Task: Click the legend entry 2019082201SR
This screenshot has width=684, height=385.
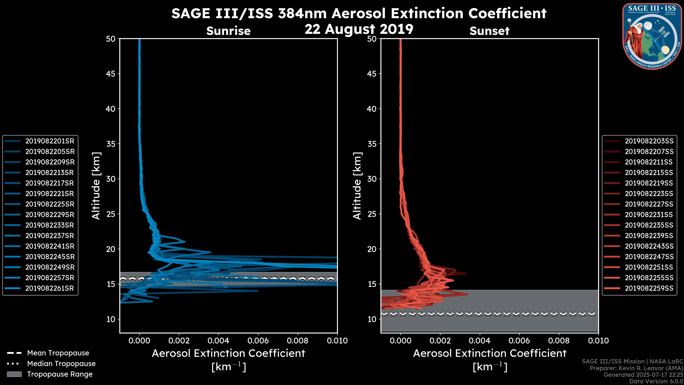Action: pos(50,141)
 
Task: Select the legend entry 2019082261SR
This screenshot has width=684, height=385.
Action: pos(50,288)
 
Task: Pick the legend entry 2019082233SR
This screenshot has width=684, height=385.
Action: pos(50,225)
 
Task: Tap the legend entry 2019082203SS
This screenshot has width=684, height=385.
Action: pos(649,141)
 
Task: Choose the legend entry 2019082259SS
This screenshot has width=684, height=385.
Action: pos(649,288)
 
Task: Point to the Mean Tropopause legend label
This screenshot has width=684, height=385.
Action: pos(58,353)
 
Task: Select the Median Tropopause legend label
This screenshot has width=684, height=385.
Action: pos(61,364)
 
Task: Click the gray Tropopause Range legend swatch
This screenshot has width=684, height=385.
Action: pos(14,374)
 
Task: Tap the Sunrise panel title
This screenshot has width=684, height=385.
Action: pos(228,31)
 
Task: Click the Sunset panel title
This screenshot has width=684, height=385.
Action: pos(489,31)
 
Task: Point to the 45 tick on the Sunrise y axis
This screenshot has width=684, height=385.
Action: pos(111,74)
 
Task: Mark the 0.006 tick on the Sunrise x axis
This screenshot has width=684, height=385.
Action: pos(258,341)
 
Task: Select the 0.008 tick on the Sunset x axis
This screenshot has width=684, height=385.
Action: pos(559,341)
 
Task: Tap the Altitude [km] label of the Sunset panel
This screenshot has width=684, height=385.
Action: pos(357,186)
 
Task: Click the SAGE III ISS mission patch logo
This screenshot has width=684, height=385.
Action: pos(652,36)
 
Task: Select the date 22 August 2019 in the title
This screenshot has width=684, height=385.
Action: pos(359,29)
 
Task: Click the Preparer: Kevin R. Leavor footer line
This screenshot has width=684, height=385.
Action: pos(636,368)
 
